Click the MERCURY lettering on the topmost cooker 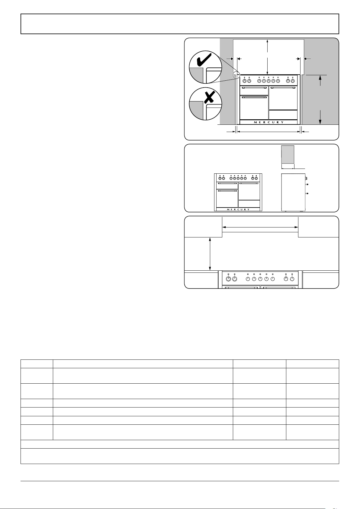click(x=268, y=122)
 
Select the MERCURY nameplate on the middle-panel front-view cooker click(x=238, y=209)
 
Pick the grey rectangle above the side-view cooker click(x=288, y=155)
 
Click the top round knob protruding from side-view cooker click(x=307, y=184)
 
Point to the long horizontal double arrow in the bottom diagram click(x=260, y=227)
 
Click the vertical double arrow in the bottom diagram click(x=210, y=254)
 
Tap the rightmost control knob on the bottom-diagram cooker click(x=292, y=279)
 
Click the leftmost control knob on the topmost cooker click(x=245, y=81)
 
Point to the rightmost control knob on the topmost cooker click(x=293, y=81)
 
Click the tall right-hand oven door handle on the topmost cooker click(x=283, y=88)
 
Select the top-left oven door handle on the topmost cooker click(x=254, y=88)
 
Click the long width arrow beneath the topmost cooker click(x=268, y=132)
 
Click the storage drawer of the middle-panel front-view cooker click(x=249, y=204)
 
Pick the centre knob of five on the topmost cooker click(x=268, y=81)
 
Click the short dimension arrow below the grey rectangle click(x=288, y=169)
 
